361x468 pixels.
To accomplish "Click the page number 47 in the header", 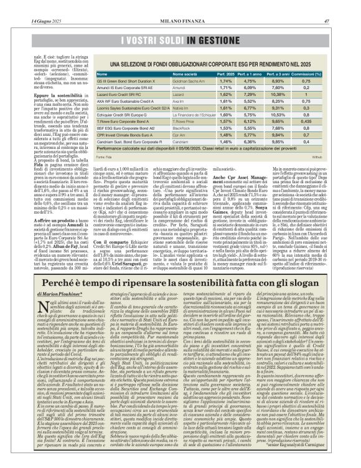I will (343, 6).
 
